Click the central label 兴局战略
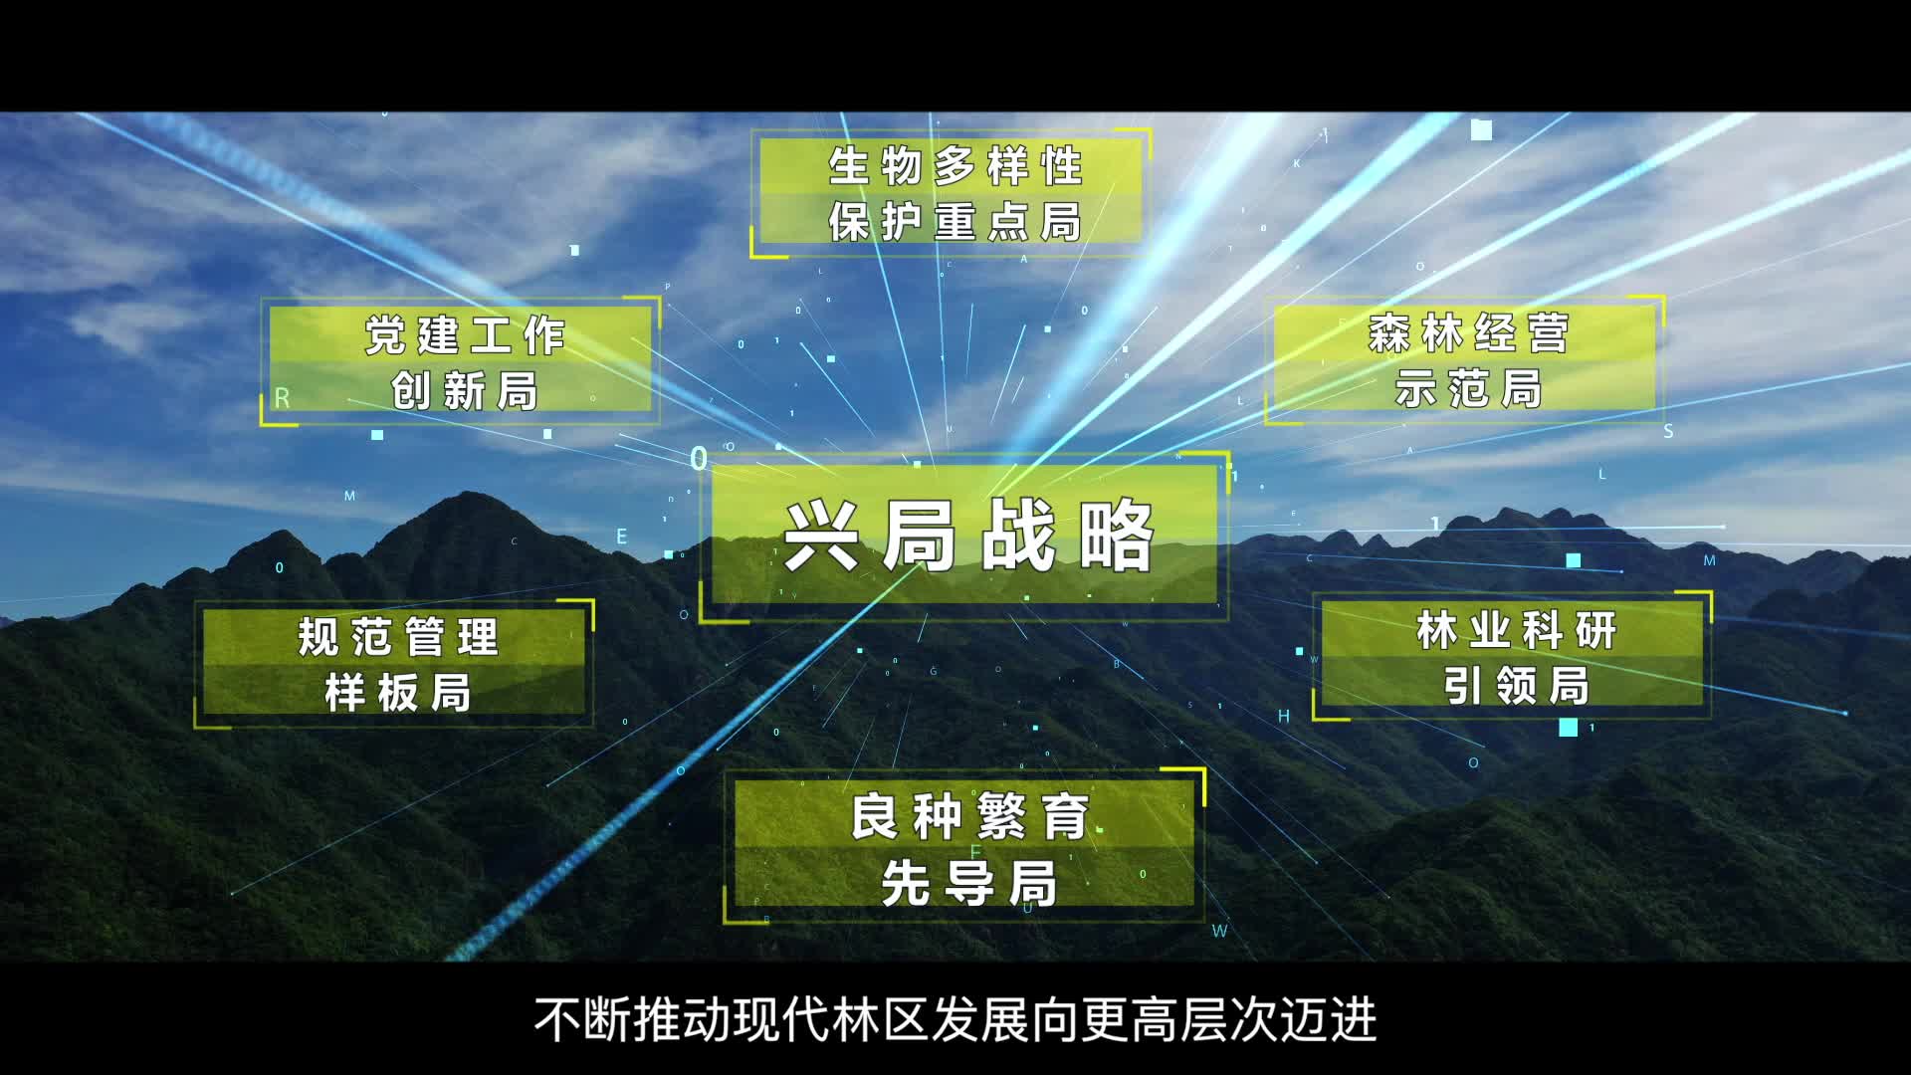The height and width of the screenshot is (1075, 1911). [x=968, y=537]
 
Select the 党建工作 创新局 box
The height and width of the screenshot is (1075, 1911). [x=460, y=360]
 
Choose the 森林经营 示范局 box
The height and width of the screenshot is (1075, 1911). [x=1465, y=358]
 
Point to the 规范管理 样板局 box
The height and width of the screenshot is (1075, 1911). [x=394, y=663]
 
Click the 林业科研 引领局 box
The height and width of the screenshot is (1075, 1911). [x=1513, y=656]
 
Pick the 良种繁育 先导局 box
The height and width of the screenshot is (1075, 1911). [x=964, y=846]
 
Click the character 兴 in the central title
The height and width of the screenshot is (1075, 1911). [x=822, y=537]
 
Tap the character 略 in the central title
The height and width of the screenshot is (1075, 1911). [x=1117, y=537]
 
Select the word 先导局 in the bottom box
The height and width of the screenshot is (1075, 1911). [x=968, y=883]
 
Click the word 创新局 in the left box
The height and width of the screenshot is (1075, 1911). [x=465, y=390]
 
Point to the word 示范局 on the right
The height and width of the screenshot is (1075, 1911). [x=1469, y=388]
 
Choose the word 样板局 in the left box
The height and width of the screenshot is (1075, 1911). [x=398, y=692]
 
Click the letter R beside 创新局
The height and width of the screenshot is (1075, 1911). [x=282, y=398]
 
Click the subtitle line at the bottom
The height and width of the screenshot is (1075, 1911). [x=955, y=1019]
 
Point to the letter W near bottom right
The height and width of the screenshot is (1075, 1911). [x=1219, y=931]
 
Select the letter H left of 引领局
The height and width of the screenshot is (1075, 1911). [x=1284, y=716]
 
